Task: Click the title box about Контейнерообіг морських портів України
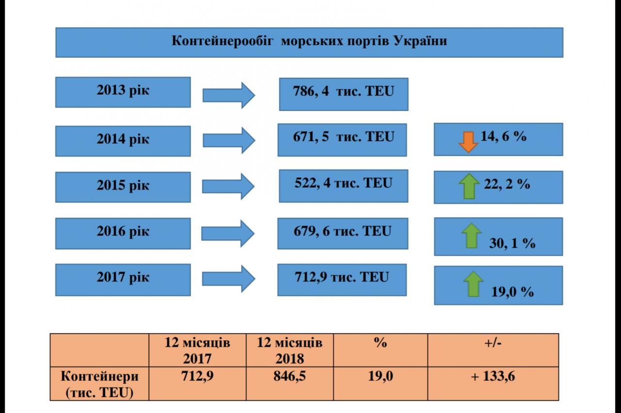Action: [x=309, y=42]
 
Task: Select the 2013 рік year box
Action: [x=123, y=92]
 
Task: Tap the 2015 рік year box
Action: [x=123, y=186]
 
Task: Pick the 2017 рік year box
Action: [x=123, y=279]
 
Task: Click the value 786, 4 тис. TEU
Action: [x=343, y=93]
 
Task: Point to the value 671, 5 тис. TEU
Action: [x=342, y=139]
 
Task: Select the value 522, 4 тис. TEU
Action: [x=343, y=185]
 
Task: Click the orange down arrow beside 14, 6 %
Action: [x=468, y=142]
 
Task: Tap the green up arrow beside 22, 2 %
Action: [x=469, y=187]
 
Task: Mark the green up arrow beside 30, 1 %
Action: [x=471, y=236]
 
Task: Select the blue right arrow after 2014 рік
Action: [x=229, y=140]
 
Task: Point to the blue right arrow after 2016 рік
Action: [x=228, y=234]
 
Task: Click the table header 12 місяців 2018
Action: [x=290, y=350]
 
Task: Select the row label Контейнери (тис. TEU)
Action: [x=99, y=384]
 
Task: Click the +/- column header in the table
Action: [x=493, y=343]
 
